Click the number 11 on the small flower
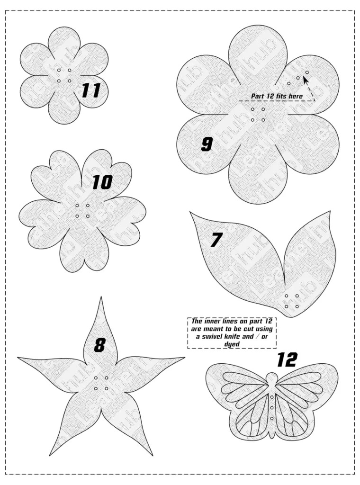coord(91,90)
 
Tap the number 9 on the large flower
coord(207,144)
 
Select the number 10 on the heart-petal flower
coord(102,182)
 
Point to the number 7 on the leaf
coord(216,240)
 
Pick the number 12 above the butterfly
coord(287,359)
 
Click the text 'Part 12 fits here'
coord(277,96)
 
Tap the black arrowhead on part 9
coord(306,81)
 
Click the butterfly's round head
coord(271,377)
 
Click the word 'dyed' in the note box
coord(232,344)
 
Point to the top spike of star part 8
coord(101,297)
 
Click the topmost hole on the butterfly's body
coord(271,397)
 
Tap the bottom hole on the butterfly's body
coord(271,419)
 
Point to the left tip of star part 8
coord(18,358)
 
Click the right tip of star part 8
coord(184,358)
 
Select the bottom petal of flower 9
coord(258,182)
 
